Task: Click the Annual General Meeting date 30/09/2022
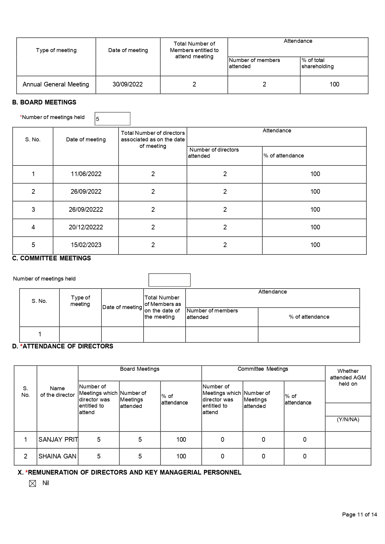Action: click(x=128, y=84)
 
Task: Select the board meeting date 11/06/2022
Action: click(x=86, y=174)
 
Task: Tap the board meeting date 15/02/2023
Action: click(x=86, y=245)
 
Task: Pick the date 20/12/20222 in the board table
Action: click(x=86, y=227)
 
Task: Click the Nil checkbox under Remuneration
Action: click(x=33, y=484)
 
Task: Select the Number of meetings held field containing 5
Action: click(x=112, y=119)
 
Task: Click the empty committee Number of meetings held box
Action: click(x=169, y=280)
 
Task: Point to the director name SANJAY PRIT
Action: click(x=58, y=440)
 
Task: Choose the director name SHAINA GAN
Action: click(x=57, y=456)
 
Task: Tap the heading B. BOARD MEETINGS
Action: click(x=44, y=102)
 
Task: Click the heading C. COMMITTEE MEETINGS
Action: click(x=51, y=258)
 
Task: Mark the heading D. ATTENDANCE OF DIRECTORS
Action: click(x=63, y=346)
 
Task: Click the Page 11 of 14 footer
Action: click(x=359, y=515)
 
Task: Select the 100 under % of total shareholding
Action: click(x=334, y=84)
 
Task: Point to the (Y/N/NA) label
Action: click(x=348, y=419)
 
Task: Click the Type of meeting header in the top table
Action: click(x=56, y=50)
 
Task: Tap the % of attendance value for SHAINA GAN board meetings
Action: click(x=181, y=456)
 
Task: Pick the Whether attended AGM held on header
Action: click(x=348, y=377)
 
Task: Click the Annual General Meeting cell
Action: click(x=56, y=84)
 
